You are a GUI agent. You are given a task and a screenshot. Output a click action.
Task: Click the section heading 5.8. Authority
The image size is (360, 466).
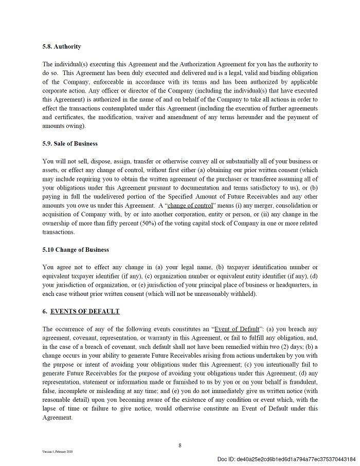(x=62, y=47)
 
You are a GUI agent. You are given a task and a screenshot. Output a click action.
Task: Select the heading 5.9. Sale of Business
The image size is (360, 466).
(x=70, y=144)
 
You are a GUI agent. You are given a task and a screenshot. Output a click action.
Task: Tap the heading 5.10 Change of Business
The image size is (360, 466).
(x=76, y=250)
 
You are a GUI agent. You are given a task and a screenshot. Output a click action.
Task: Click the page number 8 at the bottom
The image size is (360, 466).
(x=180, y=445)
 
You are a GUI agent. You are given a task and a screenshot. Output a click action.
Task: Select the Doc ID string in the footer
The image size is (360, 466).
(x=286, y=459)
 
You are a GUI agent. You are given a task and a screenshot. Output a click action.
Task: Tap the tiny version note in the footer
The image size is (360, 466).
(x=58, y=452)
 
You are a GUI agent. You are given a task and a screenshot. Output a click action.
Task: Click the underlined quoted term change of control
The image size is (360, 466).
(x=190, y=206)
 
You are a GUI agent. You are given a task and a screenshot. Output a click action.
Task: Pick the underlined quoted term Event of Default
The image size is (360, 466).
(x=237, y=329)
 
